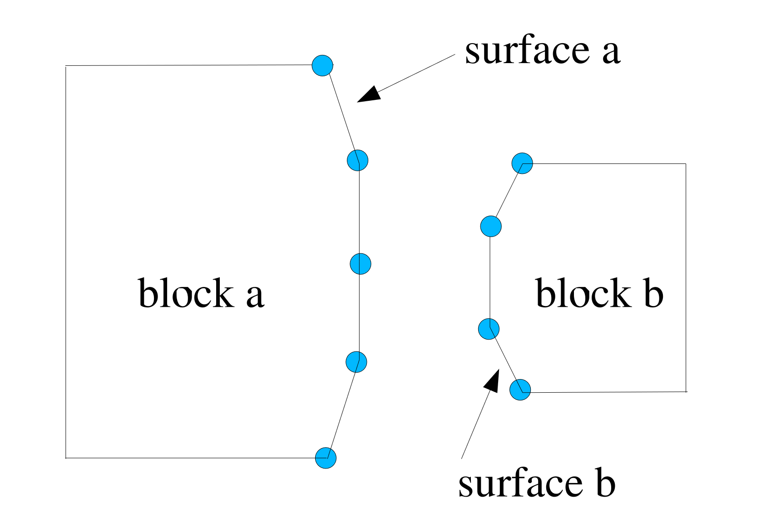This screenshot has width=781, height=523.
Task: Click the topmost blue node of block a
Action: pos(322,65)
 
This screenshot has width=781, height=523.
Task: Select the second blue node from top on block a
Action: pos(357,160)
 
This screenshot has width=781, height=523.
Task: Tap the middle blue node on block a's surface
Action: pos(361,264)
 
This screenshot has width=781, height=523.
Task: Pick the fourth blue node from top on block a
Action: pos(356,362)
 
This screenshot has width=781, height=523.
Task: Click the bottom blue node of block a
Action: pos(326,458)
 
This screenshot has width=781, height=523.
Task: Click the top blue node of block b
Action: pos(522,163)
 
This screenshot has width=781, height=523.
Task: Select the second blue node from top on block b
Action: pos(491,226)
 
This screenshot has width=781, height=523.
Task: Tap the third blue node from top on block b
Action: pos(489,329)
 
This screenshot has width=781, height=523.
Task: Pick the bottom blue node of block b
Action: pos(520,390)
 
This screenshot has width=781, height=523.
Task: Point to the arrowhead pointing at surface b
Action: pos(492,381)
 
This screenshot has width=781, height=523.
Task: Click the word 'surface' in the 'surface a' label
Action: pos(527,51)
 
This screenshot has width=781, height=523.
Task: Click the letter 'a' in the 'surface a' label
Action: pos(611,53)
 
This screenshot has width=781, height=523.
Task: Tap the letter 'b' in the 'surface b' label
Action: pos(605,482)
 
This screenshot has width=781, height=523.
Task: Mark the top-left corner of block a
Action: pos(66,66)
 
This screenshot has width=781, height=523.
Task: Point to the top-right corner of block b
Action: pos(685,164)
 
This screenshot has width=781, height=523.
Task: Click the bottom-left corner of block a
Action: pos(66,458)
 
